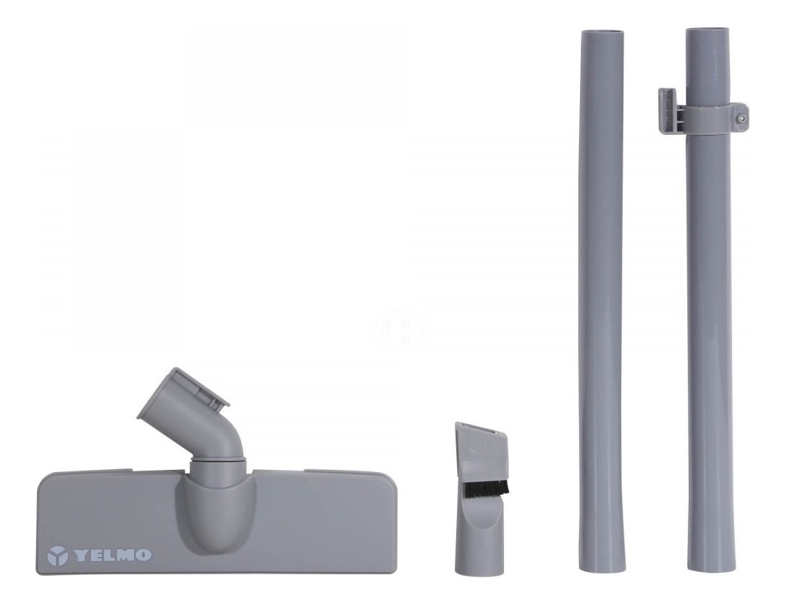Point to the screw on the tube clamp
point(741,117)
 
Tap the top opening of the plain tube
point(603,34)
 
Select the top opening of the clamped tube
point(709,30)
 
